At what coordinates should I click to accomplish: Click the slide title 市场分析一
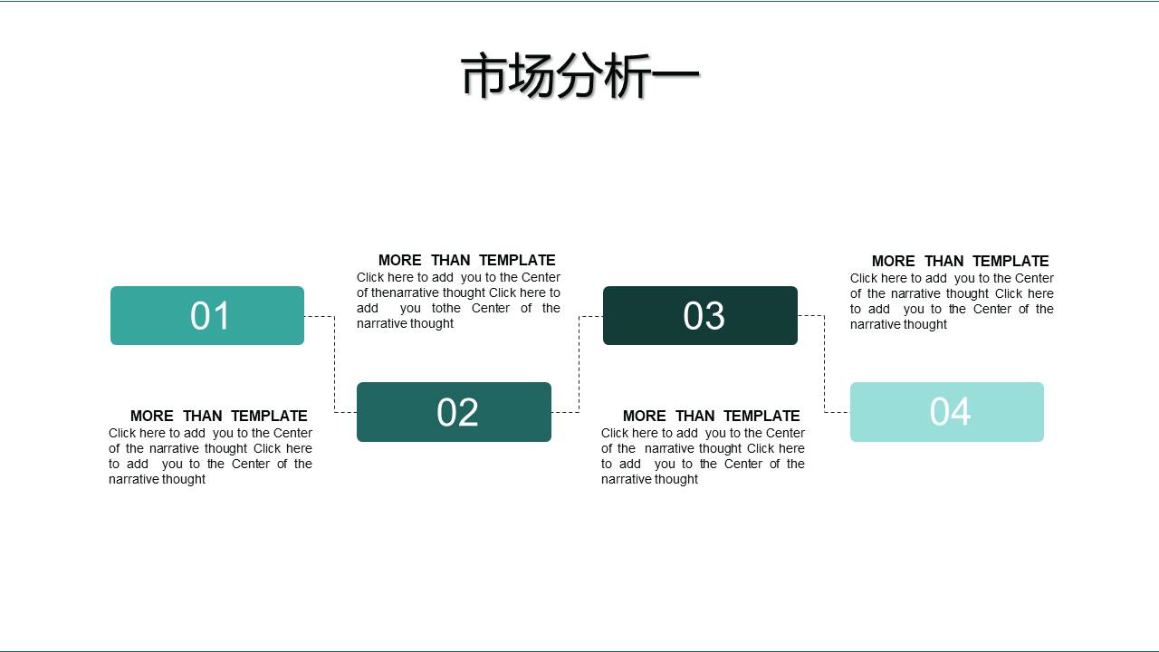[579, 75]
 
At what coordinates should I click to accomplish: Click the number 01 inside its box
[210, 316]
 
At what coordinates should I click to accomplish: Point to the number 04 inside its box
[950, 412]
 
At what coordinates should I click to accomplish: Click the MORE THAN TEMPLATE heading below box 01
[219, 416]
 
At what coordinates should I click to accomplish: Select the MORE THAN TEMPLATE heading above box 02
[466, 260]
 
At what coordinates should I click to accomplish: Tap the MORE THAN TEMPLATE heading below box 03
[711, 416]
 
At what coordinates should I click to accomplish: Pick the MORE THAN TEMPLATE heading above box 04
[960, 261]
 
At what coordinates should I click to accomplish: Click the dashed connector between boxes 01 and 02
[334, 364]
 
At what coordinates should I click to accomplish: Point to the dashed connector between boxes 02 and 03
[579, 364]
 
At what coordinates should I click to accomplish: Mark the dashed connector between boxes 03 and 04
[824, 364]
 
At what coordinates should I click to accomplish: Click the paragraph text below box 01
[210, 456]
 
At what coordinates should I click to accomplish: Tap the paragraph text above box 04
[952, 302]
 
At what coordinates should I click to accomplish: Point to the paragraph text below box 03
[703, 456]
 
